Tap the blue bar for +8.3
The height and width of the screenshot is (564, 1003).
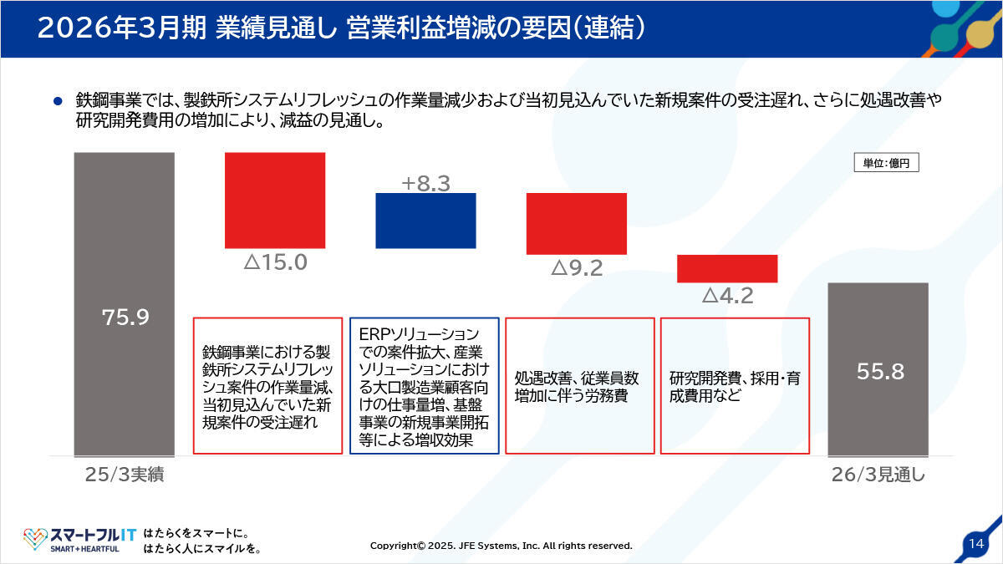click(425, 221)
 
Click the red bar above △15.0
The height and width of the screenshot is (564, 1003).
click(275, 201)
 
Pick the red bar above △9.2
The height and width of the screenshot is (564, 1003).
click(576, 223)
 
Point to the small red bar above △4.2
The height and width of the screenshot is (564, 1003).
click(727, 268)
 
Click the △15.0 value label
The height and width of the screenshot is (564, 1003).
click(275, 262)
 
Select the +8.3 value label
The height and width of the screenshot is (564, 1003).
click(425, 183)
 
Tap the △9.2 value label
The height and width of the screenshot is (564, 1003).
click(576, 268)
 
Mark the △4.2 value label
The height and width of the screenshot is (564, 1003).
click(727, 296)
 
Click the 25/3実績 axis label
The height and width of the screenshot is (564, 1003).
click(124, 474)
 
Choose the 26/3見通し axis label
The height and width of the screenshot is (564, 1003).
click(878, 474)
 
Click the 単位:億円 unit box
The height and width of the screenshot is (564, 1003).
click(886, 163)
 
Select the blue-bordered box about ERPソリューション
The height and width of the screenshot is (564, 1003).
click(425, 385)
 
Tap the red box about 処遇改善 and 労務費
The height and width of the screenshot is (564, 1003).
click(580, 385)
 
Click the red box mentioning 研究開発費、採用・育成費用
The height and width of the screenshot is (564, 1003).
click(735, 385)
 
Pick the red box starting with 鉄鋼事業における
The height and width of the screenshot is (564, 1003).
click(267, 385)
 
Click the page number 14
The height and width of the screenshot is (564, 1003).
click(975, 543)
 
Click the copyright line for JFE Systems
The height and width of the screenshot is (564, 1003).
click(501, 546)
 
